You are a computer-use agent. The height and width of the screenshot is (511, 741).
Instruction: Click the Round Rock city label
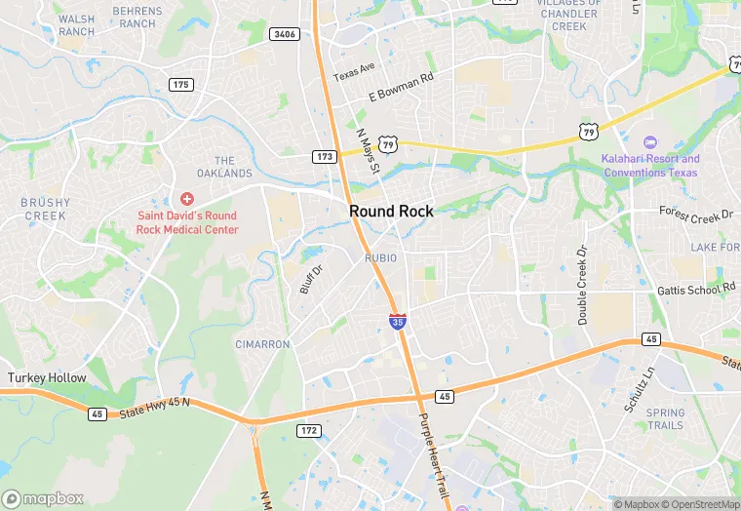point(391,212)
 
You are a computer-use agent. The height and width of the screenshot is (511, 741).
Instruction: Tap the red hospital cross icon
point(186,199)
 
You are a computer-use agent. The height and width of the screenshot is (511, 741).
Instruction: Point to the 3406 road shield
point(284,34)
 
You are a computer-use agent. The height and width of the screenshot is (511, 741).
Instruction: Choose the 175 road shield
point(180,85)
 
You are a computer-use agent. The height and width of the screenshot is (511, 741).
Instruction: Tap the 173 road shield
point(325,156)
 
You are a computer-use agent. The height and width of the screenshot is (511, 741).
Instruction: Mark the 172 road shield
point(309,430)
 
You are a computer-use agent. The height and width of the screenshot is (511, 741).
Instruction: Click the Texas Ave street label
point(354,71)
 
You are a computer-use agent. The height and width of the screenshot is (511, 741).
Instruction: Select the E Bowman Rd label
point(400,88)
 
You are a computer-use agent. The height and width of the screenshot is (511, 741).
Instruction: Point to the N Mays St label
point(368,152)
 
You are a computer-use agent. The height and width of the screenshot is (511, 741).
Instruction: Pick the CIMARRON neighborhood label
point(262,344)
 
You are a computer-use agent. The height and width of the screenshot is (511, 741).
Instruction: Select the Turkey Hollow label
point(47,377)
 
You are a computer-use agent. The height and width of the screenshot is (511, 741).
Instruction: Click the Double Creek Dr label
point(583,285)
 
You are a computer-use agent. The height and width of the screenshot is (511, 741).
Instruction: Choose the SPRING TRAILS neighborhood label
point(665,419)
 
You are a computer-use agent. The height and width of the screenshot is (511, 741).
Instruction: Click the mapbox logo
point(43,498)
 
